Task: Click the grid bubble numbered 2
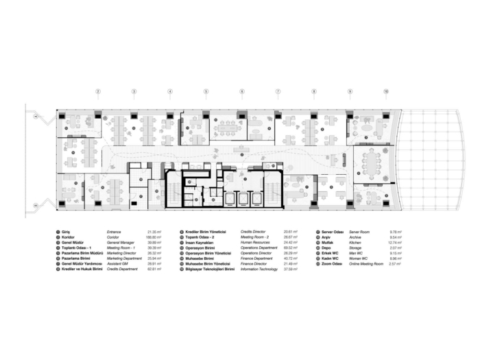coord(97,91)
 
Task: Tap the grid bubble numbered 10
coord(386,91)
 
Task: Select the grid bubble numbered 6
coord(241,91)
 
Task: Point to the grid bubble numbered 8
coord(314,91)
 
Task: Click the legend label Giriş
coord(66,233)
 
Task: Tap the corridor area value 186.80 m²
coord(154,239)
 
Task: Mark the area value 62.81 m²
coord(154,269)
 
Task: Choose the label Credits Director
coord(254,233)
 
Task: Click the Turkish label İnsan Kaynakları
coord(200,243)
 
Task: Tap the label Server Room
coord(360,233)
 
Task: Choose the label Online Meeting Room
coord(367,264)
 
